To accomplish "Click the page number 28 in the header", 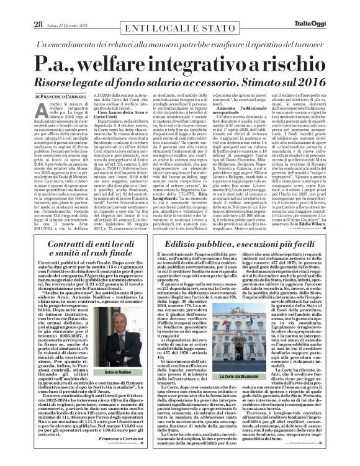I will [38, 7].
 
